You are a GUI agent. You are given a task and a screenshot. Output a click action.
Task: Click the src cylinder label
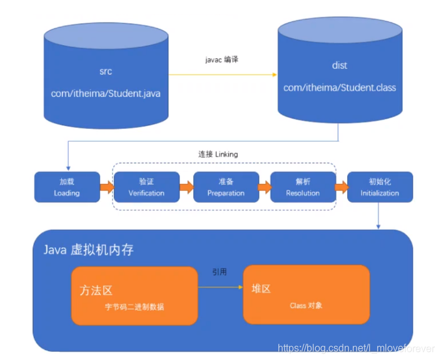pyautogui.click(x=106, y=73)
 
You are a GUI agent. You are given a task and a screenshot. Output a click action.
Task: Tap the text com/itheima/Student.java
pyautogui.click(x=106, y=93)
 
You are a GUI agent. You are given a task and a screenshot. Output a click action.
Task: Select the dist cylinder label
pyautogui.click(x=339, y=65)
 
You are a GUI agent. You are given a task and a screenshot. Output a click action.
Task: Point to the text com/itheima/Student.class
pyautogui.click(x=339, y=88)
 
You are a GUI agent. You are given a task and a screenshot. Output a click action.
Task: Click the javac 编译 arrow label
pyautogui.click(x=222, y=59)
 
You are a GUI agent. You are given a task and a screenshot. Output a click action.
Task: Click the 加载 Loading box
pyautogui.click(x=66, y=187)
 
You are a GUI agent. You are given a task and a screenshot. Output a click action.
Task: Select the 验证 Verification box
pyautogui.click(x=146, y=187)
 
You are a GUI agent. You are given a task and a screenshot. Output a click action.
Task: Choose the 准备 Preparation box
pyautogui.click(x=226, y=187)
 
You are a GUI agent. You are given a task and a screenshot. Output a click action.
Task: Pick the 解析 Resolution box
pyautogui.click(x=303, y=187)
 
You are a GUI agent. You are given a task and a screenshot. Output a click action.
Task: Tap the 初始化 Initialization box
pyautogui.click(x=380, y=187)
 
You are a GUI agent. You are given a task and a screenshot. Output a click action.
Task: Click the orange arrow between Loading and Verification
pyautogui.click(x=106, y=187)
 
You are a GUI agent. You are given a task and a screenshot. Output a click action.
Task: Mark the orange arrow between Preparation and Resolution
pyautogui.click(x=264, y=187)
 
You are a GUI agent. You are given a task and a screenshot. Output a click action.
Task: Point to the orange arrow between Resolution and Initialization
pyautogui.click(x=342, y=187)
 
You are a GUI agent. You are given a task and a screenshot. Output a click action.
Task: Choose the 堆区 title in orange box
pyautogui.click(x=261, y=289)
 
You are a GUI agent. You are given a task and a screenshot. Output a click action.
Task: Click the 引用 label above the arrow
pyautogui.click(x=220, y=272)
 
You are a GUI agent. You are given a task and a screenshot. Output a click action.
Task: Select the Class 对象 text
pyautogui.click(x=307, y=306)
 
